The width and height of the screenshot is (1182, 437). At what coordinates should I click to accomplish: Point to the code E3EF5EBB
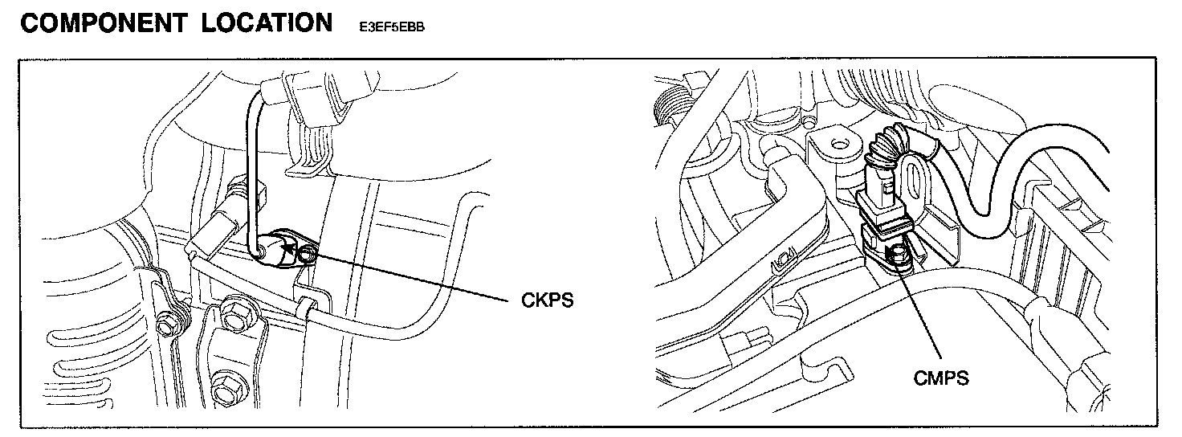[387, 27]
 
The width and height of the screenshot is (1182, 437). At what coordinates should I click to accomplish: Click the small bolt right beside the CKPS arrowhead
[307, 256]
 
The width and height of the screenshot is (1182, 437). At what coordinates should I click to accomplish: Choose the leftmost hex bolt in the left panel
[167, 325]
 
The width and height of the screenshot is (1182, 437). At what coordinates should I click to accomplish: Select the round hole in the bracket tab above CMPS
[839, 146]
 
